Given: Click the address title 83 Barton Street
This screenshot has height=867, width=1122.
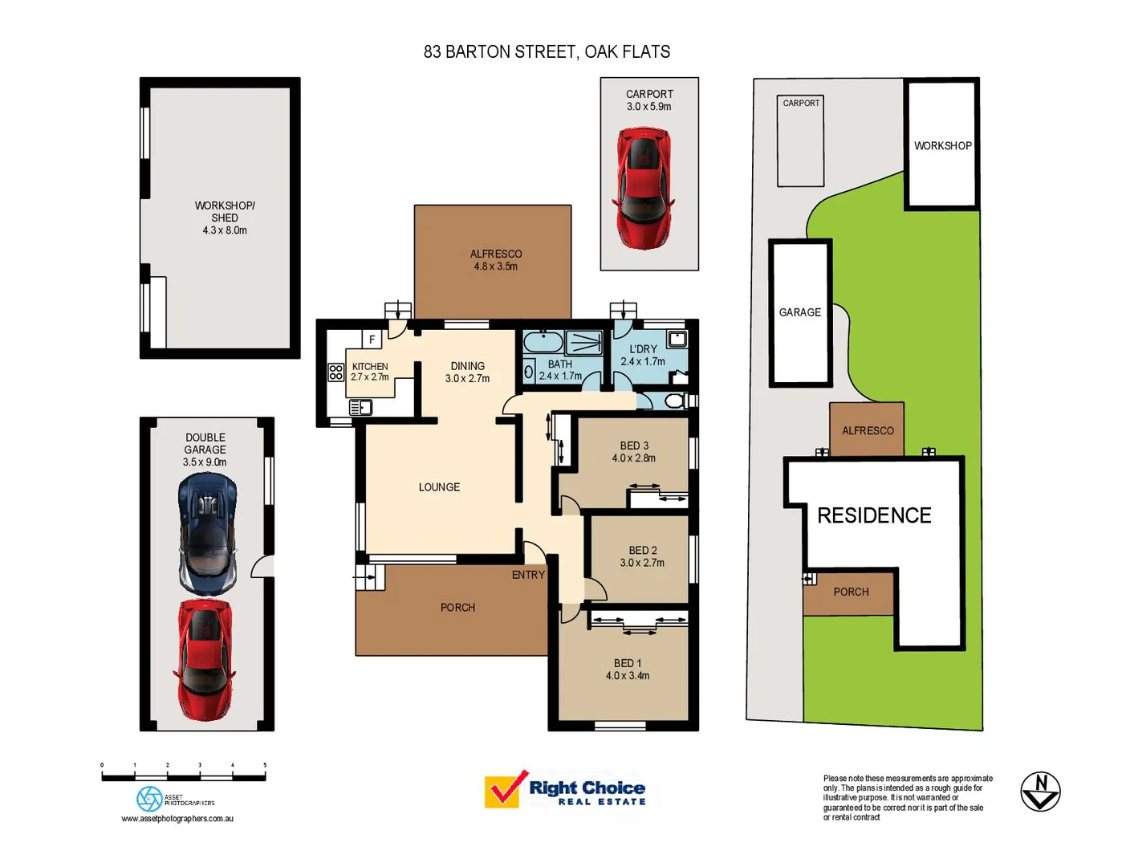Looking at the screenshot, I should click(547, 52).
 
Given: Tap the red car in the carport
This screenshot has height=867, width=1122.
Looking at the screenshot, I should click(644, 188).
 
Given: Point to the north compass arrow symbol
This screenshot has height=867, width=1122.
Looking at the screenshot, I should click(1040, 792).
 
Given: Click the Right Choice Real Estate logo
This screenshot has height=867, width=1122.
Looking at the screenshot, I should click(565, 791).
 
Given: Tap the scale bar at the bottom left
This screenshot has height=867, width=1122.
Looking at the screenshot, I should click(183, 776).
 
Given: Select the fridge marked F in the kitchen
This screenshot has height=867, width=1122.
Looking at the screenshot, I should click(372, 340).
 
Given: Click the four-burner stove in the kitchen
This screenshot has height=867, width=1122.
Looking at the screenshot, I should click(335, 372).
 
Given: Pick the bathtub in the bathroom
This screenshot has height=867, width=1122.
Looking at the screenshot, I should click(543, 343).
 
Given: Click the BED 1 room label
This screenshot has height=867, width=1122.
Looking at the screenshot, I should click(628, 670).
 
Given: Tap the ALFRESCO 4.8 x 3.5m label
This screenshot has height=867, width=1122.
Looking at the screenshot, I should click(495, 260).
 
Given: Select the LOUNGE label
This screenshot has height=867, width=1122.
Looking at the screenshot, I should click(439, 487).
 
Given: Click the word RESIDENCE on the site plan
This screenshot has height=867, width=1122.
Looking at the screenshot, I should click(874, 515).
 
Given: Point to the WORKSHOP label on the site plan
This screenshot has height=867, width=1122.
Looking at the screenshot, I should click(942, 146).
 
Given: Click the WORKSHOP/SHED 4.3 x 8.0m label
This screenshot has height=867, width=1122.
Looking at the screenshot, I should click(225, 218).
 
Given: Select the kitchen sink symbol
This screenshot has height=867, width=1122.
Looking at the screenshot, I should click(361, 408).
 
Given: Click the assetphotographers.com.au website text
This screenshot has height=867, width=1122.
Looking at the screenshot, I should click(177, 819).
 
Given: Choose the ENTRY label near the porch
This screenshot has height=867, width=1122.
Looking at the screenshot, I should click(528, 575).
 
